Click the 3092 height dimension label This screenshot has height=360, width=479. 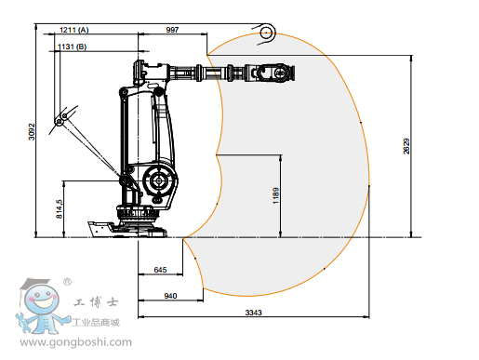(32, 132)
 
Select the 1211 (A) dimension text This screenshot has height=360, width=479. (74, 30)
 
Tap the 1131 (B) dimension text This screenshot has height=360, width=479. (73, 47)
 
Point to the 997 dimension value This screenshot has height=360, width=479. (172, 30)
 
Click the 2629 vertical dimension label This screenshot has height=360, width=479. (406, 146)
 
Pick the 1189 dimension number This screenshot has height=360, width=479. (276, 195)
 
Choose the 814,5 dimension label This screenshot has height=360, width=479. (60, 208)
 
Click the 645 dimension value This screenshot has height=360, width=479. (160, 270)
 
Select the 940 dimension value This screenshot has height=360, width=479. (170, 296)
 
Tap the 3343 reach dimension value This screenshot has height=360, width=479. (254, 313)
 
